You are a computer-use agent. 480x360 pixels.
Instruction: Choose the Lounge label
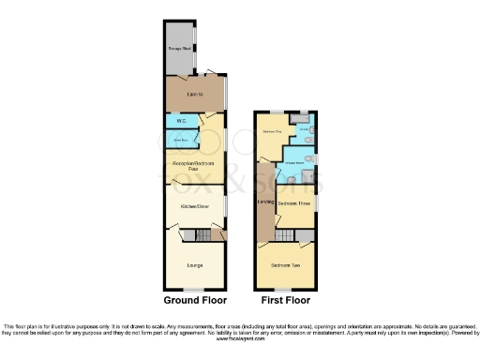[x=195, y=262]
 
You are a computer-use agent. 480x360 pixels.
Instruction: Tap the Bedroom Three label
[x=294, y=202]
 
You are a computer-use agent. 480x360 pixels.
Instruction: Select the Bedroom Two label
[x=286, y=265]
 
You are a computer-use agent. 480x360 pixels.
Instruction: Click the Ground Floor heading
[x=195, y=301]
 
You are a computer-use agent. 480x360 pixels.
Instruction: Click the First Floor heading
[x=286, y=301]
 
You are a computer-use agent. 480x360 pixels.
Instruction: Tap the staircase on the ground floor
[x=192, y=234]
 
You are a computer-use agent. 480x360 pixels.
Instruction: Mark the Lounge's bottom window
[x=195, y=289]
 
